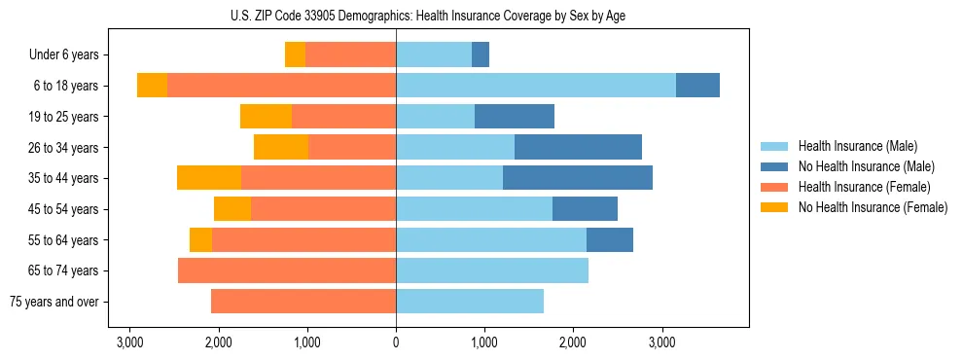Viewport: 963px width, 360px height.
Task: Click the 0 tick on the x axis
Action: pos(396,342)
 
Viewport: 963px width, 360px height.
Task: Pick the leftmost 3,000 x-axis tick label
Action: pos(129,342)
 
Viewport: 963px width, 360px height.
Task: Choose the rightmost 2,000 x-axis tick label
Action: pos(573,342)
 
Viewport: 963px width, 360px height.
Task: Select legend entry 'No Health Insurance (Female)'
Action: pos(873,207)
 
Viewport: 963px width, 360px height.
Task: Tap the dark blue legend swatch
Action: pos(775,166)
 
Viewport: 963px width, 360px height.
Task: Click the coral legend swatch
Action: pos(775,187)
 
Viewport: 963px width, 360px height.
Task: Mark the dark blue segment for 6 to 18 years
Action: pos(697,86)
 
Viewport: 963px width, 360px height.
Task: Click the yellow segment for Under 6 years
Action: pos(295,54)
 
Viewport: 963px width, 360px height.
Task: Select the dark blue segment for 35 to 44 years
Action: pos(578,178)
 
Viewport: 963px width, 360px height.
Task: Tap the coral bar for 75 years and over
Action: pos(303,302)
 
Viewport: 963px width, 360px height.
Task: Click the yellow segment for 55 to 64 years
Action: pos(200,239)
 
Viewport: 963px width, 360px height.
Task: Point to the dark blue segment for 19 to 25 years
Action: pos(515,117)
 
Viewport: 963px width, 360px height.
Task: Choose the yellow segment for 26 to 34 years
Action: pos(281,147)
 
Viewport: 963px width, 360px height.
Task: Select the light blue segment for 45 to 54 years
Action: pos(474,209)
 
